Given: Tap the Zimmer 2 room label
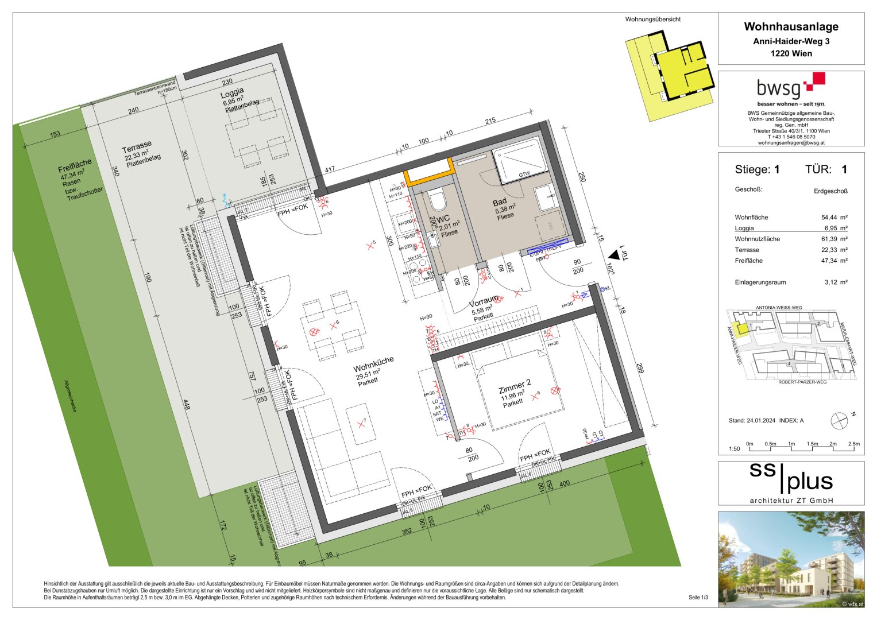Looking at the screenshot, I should (x=515, y=386).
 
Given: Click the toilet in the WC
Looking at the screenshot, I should (x=438, y=200).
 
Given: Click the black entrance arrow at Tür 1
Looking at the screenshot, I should (x=615, y=254).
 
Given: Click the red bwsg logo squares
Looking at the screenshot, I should (x=816, y=81).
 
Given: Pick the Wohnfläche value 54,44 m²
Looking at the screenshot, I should (x=834, y=218).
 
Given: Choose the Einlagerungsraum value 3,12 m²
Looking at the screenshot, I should (x=834, y=282).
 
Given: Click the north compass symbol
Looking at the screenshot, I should (x=839, y=420).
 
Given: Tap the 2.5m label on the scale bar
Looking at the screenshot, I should (x=853, y=444).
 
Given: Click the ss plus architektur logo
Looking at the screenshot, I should (x=791, y=483).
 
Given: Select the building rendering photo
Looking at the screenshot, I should (x=791, y=559).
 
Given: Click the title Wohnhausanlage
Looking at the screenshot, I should (x=791, y=26).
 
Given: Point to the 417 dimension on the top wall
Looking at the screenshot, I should (x=330, y=170).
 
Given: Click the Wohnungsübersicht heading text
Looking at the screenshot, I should (x=652, y=20).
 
